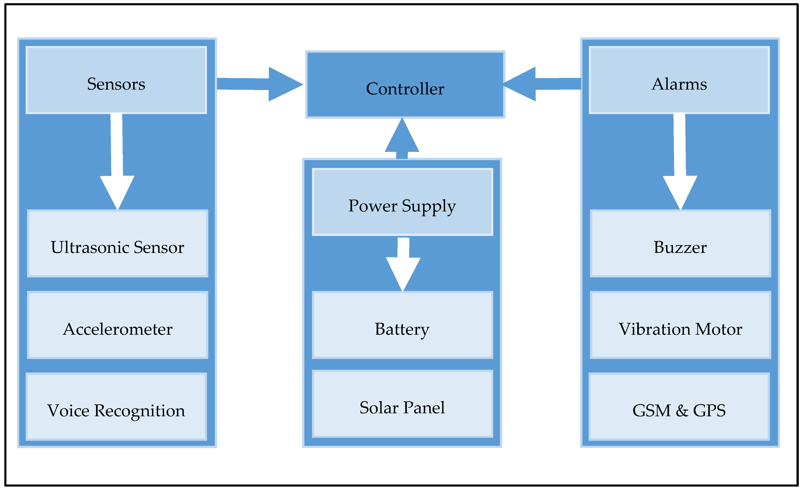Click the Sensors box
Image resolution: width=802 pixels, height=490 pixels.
pyautogui.click(x=116, y=80)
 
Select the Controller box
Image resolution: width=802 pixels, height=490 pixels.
pyautogui.click(x=405, y=85)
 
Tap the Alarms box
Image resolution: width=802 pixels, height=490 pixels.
pyautogui.click(x=679, y=80)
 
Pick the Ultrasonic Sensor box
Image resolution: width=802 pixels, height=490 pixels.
pyautogui.click(x=118, y=243)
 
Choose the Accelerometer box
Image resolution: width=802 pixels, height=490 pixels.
pyautogui.click(x=118, y=325)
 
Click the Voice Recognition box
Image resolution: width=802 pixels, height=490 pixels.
pyautogui.click(x=116, y=407)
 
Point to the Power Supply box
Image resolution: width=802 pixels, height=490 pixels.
pyautogui.click(x=402, y=202)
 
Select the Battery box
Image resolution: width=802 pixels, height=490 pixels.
pyautogui.click(x=402, y=325)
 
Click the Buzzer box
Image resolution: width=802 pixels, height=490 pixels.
pyautogui.click(x=680, y=243)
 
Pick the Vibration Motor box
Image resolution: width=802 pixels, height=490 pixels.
pyautogui.click(x=680, y=325)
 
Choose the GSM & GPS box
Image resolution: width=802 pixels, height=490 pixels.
pyautogui.click(x=679, y=407)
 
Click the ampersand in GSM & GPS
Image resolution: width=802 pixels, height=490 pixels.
pyautogui.click(x=682, y=411)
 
